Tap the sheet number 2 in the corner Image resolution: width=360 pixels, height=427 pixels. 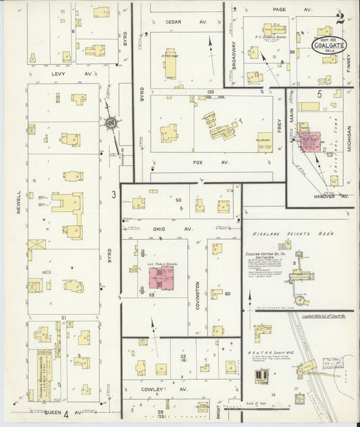click(340, 18)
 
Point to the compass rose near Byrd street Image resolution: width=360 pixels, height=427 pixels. click(109, 123)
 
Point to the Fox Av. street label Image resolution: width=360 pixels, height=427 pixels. click(202, 162)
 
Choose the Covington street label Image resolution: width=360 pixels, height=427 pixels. click(197, 296)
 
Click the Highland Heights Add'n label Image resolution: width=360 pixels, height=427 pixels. click(284, 234)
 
